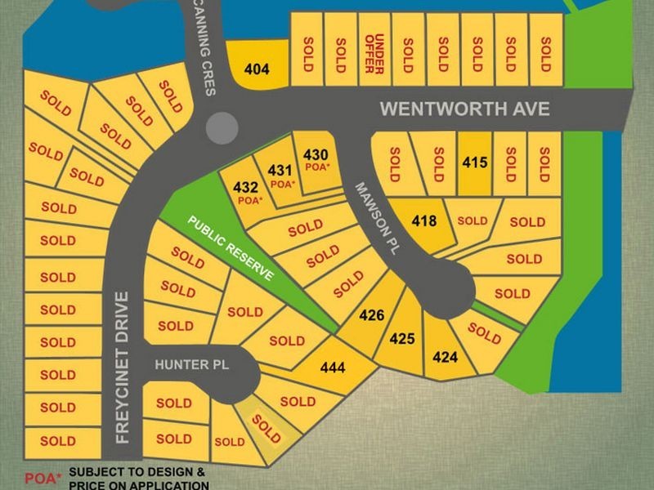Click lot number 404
[x=257, y=69]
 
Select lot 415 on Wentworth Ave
[x=475, y=163]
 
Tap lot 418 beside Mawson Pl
[x=423, y=220]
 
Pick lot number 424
[x=445, y=357]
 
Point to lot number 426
[x=372, y=315]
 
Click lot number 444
[x=332, y=368]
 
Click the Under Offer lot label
[x=374, y=54]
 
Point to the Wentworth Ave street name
[x=465, y=109]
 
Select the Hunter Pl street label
[x=181, y=365]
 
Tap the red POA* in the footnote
[x=43, y=477]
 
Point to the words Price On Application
[x=138, y=484]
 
